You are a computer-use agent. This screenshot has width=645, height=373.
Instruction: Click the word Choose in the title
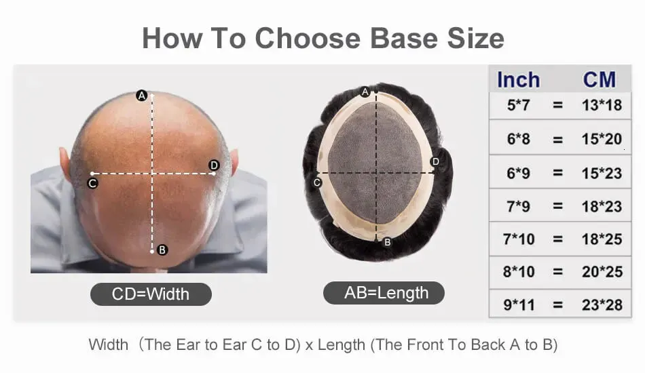tap(308, 38)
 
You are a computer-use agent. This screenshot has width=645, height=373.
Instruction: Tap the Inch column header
tap(518, 80)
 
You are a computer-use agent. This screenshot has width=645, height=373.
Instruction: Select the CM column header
tap(600, 80)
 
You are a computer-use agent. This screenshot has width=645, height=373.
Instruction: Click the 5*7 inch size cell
tap(518, 105)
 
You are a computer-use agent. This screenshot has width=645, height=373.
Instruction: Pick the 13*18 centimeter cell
tap(602, 105)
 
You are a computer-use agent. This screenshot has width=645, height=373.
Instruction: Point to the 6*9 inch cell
tap(518, 173)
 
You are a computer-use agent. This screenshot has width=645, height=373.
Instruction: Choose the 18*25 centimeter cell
tap(602, 239)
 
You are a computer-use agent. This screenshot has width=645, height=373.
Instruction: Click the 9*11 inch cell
tap(519, 305)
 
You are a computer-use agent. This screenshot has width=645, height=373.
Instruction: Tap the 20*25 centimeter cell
tap(602, 271)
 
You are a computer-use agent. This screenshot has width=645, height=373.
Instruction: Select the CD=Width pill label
tap(151, 294)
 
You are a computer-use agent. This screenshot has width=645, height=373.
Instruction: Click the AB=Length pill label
tap(384, 293)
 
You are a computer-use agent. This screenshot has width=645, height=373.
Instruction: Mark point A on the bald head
tap(141, 96)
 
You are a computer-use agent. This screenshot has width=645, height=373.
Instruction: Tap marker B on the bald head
tap(162, 250)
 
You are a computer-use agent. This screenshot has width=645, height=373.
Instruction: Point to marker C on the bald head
tap(92, 183)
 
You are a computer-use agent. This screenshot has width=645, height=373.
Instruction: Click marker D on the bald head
tap(214, 165)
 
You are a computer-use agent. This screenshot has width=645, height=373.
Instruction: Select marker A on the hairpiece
tap(365, 92)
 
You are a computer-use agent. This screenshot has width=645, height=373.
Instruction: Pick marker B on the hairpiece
tap(387, 242)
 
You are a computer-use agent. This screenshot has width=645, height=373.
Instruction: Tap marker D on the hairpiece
tap(435, 161)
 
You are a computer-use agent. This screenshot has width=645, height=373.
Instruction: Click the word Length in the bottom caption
tap(342, 345)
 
